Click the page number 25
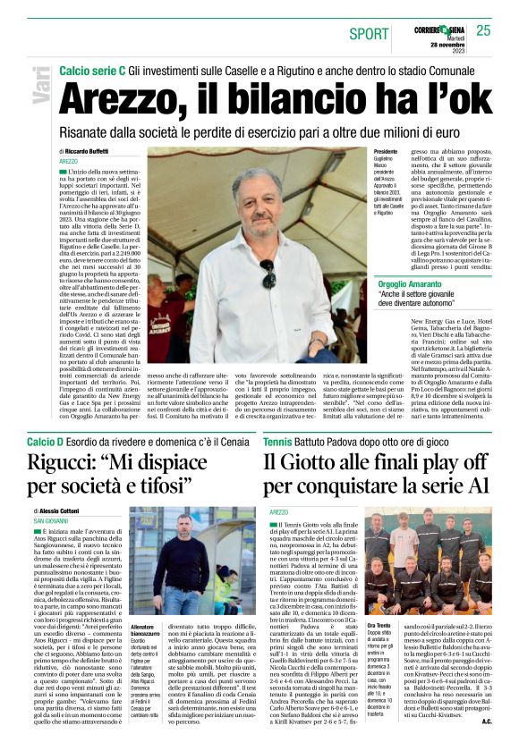pyautogui.click(x=483, y=30)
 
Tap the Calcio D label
pyautogui.click(x=46, y=441)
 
